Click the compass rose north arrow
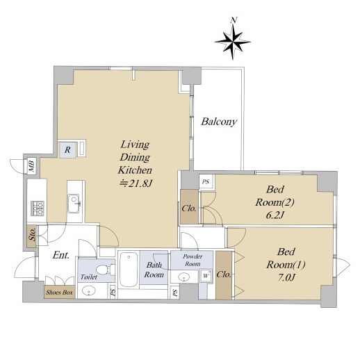pos(233,42)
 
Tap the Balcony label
pos(219,122)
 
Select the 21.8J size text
pos(136,184)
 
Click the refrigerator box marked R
pos(67,150)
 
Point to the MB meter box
pos(31,166)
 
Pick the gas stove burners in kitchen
pos(38,208)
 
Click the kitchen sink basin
pos(74,204)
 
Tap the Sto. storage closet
pos(32,236)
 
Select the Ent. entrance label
pos(61,255)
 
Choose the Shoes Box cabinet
pos(60,292)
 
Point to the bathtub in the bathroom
pos(129,270)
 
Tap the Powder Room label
pos(193,260)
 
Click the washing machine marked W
pos(206,276)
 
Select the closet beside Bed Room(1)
pos(224,275)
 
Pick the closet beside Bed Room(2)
pos(189,207)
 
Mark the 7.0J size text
pos(286,277)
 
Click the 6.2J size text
pos(275,215)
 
